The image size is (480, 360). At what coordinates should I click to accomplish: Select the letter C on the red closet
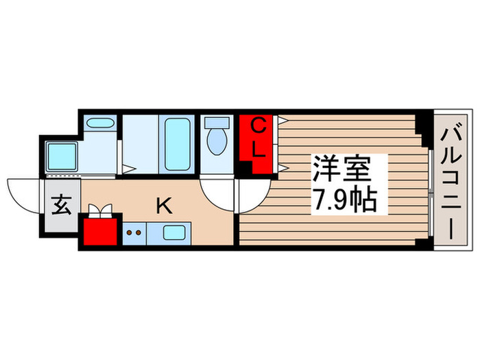259,126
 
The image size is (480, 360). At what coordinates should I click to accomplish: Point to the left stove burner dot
130,232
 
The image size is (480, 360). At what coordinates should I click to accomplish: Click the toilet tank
217,123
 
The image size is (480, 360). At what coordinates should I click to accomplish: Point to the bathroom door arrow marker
128,167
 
